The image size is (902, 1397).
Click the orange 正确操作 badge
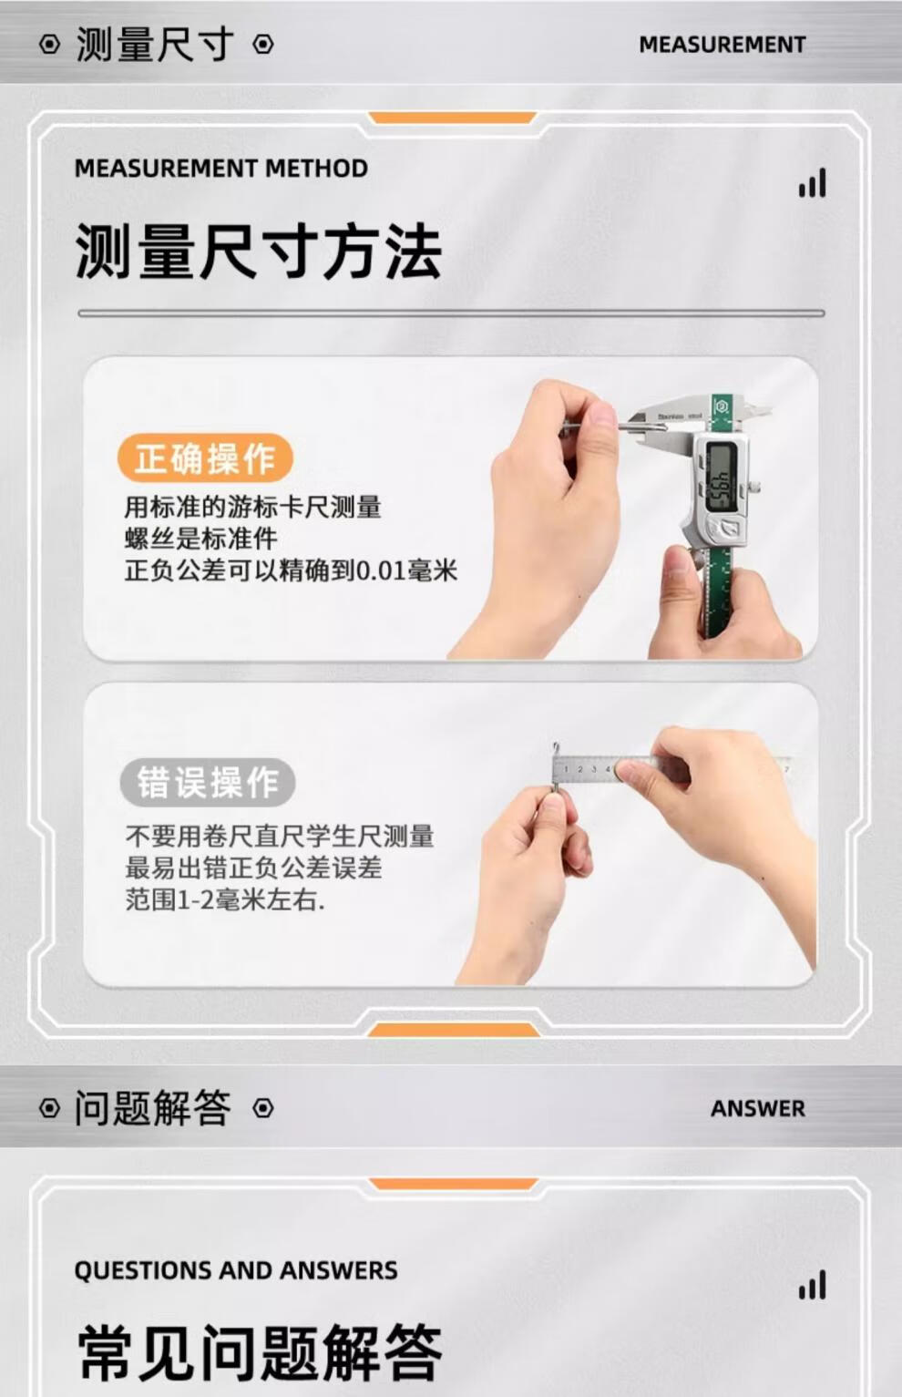point(205,459)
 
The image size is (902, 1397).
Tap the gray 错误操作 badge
point(207,783)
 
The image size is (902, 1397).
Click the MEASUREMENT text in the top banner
point(722,45)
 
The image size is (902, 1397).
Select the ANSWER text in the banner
point(757,1108)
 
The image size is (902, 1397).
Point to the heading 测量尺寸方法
point(259,252)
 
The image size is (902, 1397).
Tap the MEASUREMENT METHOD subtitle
point(220,169)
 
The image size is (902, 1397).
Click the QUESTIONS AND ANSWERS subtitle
point(236,1270)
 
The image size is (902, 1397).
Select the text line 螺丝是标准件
point(200,539)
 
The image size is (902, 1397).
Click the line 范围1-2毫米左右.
point(225,900)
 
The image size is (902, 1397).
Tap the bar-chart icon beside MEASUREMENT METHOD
point(812,183)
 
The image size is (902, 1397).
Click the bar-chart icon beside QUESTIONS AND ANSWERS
point(812,1285)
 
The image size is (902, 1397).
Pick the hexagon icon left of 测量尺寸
point(49,45)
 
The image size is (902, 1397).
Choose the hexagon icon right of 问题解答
point(263,1108)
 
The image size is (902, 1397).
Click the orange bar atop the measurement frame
point(452,118)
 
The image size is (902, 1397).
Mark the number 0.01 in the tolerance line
point(382,570)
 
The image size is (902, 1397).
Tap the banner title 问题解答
point(153,1108)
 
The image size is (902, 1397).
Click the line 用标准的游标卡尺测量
point(252,507)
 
